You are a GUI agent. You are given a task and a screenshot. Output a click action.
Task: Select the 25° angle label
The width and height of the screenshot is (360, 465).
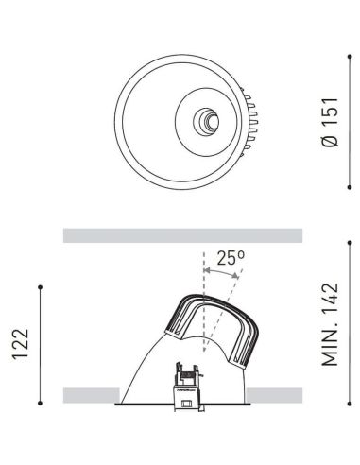tap(230, 256)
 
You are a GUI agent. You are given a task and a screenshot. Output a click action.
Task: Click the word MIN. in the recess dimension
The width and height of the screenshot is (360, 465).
tap(330, 372)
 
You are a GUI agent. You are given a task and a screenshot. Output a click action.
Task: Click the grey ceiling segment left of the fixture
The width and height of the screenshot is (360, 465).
tap(90, 395)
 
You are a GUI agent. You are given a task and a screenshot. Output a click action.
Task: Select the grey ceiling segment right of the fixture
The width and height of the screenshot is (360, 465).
tap(275, 395)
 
